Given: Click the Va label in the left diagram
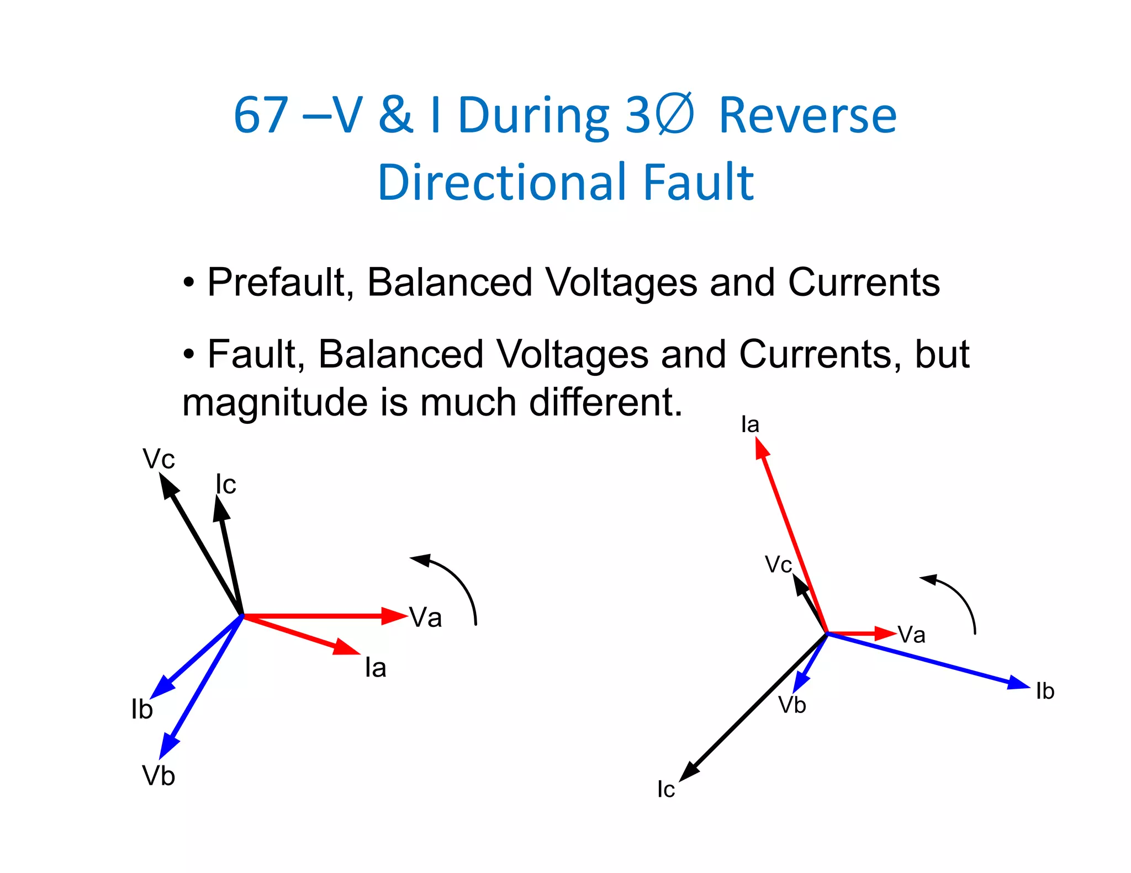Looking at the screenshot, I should (x=425, y=618).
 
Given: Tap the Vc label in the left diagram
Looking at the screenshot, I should (x=158, y=459).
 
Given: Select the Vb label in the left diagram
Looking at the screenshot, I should (x=158, y=776).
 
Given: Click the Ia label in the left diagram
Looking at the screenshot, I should (x=376, y=668).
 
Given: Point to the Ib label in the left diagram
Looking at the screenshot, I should (x=142, y=710).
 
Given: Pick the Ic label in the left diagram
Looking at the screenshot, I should (x=226, y=485).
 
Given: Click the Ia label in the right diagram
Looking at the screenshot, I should (x=750, y=424).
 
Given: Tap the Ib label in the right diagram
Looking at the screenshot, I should (x=1045, y=691).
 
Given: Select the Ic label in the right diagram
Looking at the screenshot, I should (x=666, y=790).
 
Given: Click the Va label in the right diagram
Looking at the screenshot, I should (x=911, y=635).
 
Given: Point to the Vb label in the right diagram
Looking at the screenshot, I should (x=792, y=705).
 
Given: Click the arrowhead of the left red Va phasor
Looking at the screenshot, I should (x=395, y=616).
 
